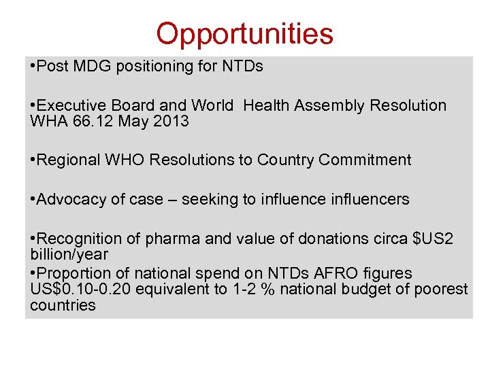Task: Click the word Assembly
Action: point(333,106)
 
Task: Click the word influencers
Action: point(372,200)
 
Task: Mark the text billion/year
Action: point(69,254)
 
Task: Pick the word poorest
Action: point(440,290)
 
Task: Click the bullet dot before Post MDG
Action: point(33,67)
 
